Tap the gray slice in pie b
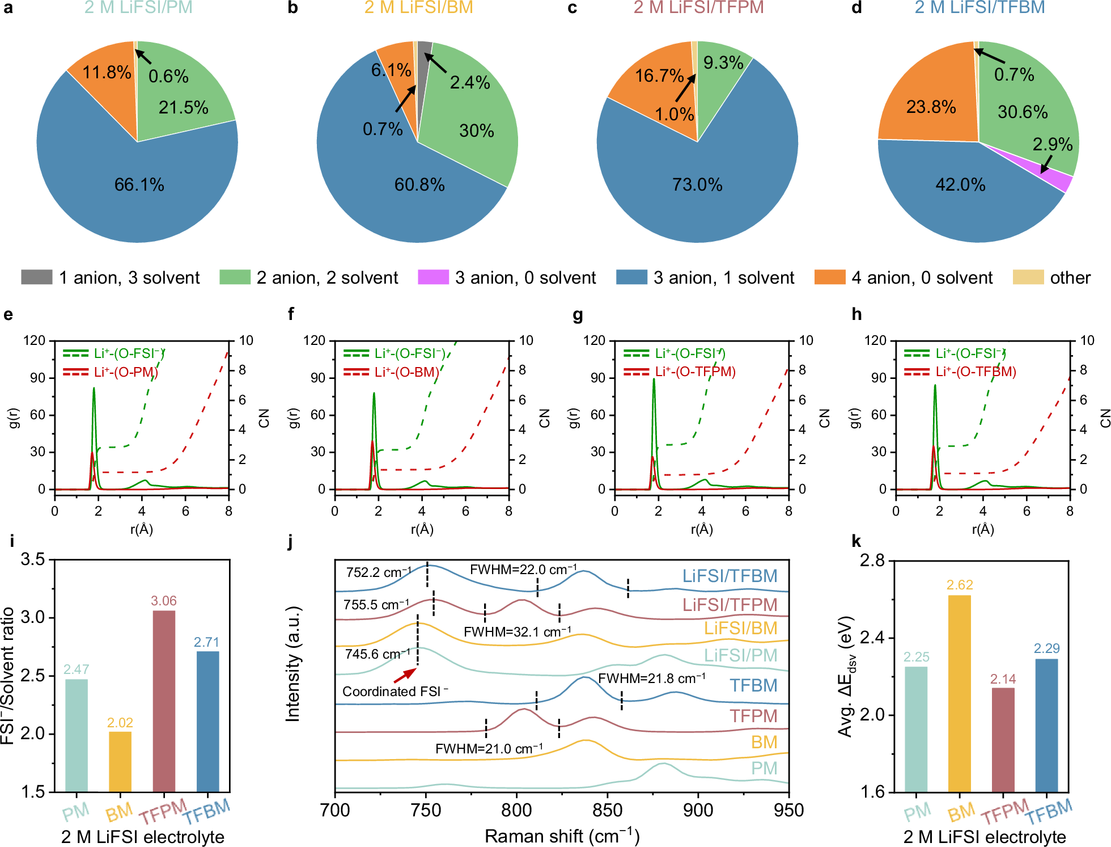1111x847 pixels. coord(424,68)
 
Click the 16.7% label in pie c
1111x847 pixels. coord(659,75)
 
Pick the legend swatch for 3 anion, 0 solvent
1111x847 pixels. coord(433,277)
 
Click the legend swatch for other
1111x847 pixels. coord(1028,277)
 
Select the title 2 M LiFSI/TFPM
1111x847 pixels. coord(698,8)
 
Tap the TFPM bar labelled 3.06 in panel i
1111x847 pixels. coord(164,701)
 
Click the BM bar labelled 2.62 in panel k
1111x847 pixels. coord(959,692)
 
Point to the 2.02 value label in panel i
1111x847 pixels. coord(120,722)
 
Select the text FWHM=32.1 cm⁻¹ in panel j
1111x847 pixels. coord(517,632)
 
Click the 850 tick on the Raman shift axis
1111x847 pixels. coord(607,810)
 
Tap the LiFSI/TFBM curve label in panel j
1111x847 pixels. coord(730,576)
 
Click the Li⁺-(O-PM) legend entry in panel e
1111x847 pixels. coord(125,372)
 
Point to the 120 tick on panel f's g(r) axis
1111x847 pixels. coord(314,340)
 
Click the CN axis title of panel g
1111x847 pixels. coord(825,418)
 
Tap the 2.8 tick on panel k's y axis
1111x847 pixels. coord(872,561)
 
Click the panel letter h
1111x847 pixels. coord(856,314)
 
